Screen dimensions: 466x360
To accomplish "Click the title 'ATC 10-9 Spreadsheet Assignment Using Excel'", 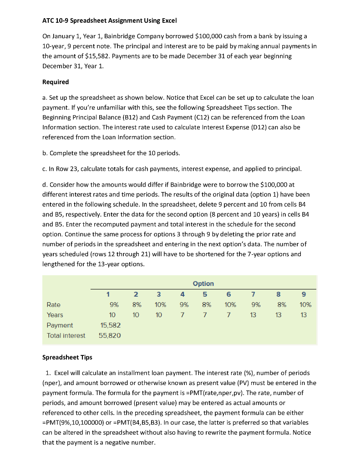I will point(110,21).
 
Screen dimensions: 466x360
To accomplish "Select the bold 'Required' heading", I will point(56,82).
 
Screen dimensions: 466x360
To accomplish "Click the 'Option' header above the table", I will point(203,284).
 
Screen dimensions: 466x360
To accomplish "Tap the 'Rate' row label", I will point(53,305).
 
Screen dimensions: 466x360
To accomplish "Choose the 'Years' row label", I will point(55,315).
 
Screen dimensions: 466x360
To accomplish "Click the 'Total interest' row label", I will point(66,335).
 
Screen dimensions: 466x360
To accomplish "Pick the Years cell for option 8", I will point(279,315).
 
